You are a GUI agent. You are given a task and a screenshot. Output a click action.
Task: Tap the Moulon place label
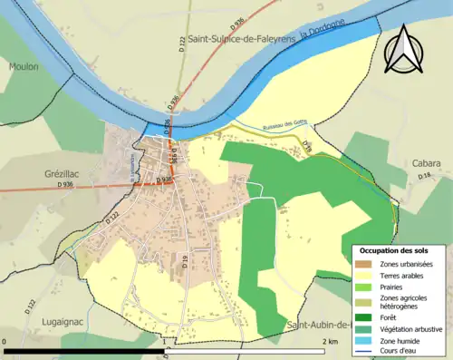(24, 66)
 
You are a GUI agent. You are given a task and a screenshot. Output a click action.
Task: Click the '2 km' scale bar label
(332, 340)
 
